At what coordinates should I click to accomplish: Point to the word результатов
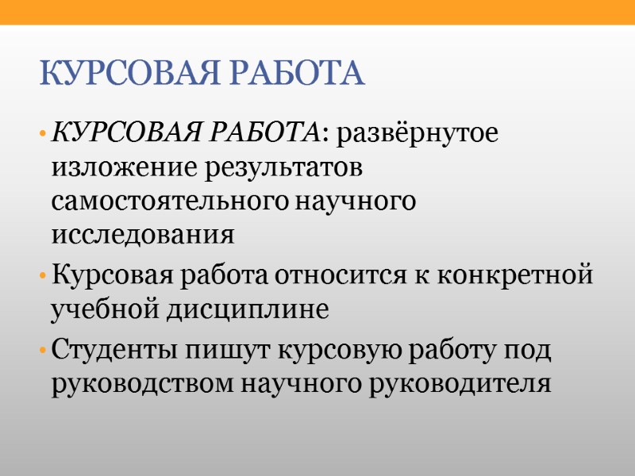pyautogui.click(x=280, y=168)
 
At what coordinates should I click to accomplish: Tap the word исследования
pyautogui.click(x=143, y=236)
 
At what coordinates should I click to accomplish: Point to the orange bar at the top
pyautogui.click(x=317, y=12)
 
